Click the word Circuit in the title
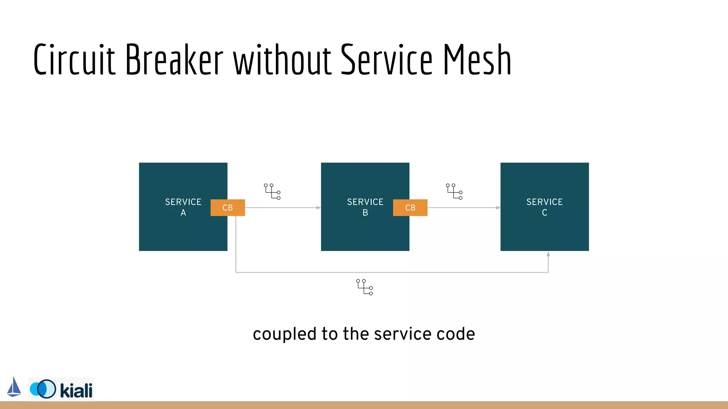coord(75,60)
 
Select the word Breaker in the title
coord(174,60)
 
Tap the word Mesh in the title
coord(477,60)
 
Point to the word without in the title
coord(283,60)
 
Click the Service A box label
coord(183,207)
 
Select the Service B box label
coord(365,207)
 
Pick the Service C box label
coord(544,207)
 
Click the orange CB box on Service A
coord(227,208)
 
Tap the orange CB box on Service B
coord(410,208)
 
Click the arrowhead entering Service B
coord(318,208)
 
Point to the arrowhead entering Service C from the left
coord(498,208)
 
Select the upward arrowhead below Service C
coord(548,254)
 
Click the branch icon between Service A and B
coord(272,192)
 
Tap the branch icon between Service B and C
coord(454,192)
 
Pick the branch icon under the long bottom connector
coord(365,287)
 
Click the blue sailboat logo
coord(14,387)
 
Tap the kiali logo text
coord(76,391)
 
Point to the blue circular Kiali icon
coord(43,389)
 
